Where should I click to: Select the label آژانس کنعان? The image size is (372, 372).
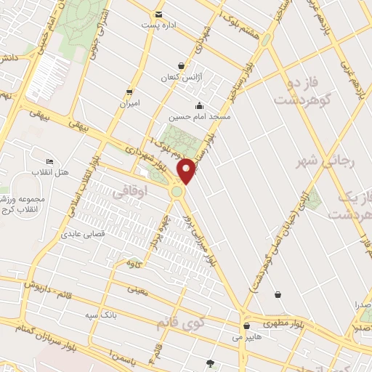click(179, 76)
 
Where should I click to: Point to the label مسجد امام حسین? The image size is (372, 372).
click(200, 116)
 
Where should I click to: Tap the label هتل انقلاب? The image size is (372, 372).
click(49, 171)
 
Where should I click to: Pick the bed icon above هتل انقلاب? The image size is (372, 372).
click(49, 161)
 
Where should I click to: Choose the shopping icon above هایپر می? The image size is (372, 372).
click(248, 325)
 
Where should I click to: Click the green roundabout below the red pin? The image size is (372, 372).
click(177, 192)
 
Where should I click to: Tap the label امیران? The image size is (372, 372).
click(129, 102)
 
